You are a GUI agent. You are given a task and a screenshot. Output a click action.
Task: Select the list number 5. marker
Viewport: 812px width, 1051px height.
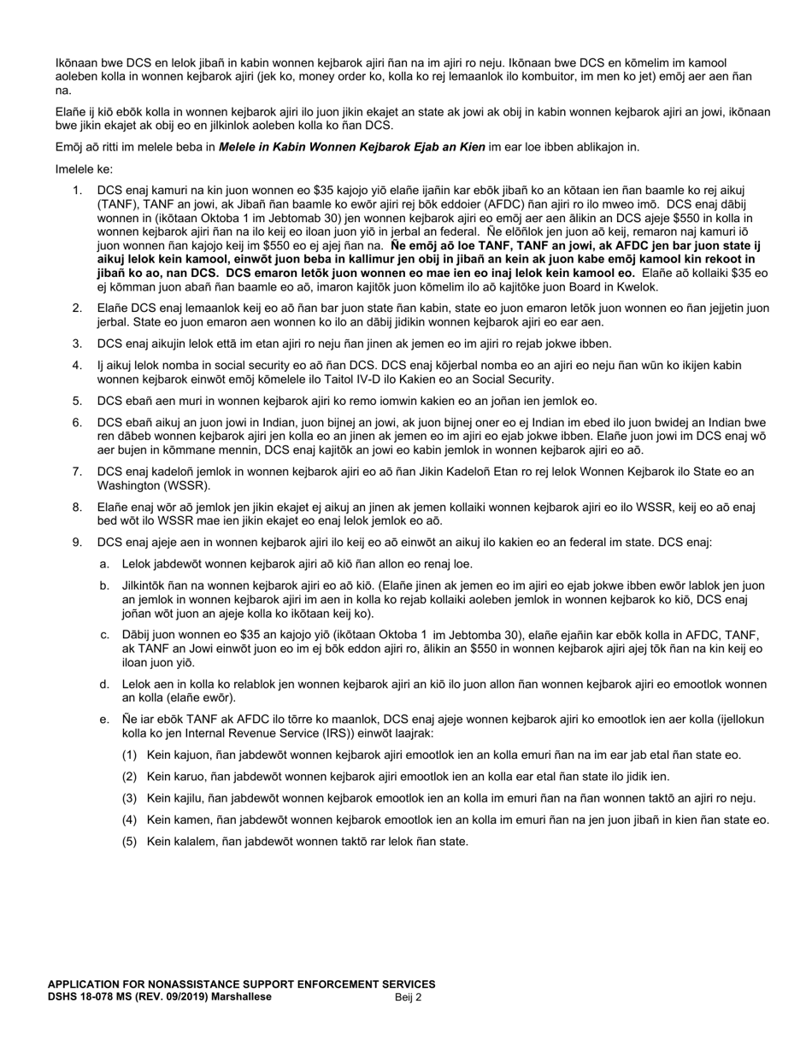[77, 401]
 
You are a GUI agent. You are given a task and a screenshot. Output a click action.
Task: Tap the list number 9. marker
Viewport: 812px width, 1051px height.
[77, 543]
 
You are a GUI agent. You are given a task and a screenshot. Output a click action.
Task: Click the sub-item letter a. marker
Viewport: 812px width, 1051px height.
[104, 564]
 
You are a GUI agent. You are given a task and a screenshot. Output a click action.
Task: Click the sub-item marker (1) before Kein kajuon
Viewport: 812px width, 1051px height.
[130, 754]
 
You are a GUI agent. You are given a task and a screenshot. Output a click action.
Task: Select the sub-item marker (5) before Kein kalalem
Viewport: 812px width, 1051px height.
[130, 841]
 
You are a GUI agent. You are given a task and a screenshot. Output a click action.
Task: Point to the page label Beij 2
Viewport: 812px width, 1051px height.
[408, 997]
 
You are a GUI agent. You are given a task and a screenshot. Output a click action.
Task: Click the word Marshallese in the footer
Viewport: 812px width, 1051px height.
[243, 997]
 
